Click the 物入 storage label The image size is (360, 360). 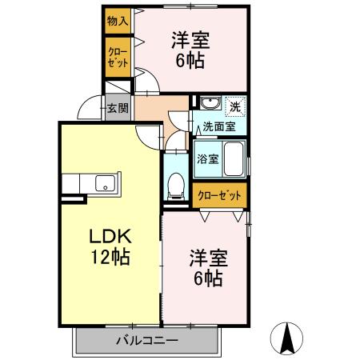117,21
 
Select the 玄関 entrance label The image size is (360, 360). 118,107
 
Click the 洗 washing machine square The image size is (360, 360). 234,106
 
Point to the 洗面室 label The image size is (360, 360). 218,126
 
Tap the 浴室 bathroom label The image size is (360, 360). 207,158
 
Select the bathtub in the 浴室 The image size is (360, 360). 234,158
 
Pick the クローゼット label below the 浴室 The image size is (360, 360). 219,195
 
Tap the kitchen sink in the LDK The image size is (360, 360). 105,183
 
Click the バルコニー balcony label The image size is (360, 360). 146,340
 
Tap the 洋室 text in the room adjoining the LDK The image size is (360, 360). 209,258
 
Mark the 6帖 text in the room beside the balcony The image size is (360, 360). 208,279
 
